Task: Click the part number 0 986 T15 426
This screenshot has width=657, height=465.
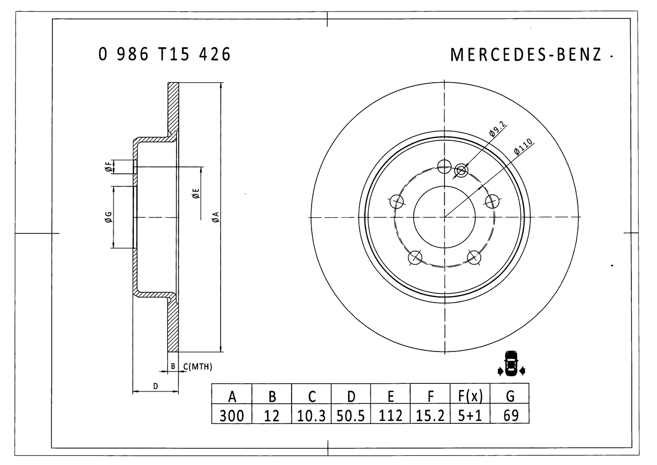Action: [164, 54]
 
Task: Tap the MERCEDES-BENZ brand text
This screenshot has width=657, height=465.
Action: [526, 55]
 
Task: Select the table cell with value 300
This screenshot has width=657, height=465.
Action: [231, 415]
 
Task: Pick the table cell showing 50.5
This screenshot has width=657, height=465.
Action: [351, 415]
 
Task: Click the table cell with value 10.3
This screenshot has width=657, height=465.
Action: [312, 415]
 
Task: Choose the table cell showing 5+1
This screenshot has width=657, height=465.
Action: [470, 415]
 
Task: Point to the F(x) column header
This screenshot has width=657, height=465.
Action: [470, 396]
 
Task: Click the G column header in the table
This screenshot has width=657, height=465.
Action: [510, 396]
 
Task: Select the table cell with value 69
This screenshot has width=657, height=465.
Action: [510, 415]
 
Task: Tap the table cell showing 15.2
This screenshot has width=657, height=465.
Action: [431, 415]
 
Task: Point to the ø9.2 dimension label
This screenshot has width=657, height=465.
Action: [497, 128]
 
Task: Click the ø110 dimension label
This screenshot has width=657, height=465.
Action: [524, 147]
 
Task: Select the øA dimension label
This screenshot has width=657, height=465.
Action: [216, 217]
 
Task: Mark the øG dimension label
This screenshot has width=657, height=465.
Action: [108, 217]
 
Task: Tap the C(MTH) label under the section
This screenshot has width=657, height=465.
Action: [197, 366]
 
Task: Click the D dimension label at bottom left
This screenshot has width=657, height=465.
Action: [155, 386]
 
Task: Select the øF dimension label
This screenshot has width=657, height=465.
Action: [108, 167]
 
